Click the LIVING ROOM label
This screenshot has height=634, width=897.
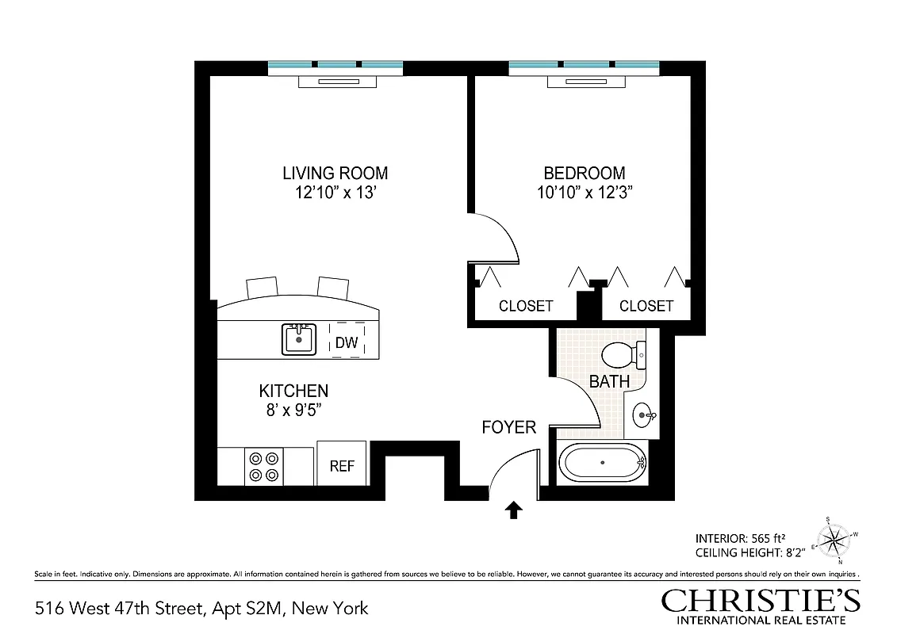[335, 173]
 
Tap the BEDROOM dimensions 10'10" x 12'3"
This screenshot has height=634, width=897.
[584, 193]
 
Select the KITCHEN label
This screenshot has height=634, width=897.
[293, 391]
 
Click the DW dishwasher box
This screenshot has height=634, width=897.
[347, 342]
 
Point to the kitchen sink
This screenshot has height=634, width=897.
[299, 339]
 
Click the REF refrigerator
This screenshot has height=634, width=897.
[342, 465]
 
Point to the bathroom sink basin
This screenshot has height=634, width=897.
[644, 414]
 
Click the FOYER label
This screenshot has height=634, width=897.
[509, 428]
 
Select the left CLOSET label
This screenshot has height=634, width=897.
[526, 306]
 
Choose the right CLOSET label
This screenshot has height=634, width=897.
[646, 306]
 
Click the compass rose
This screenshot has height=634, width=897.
[834, 540]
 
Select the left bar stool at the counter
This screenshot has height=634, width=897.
[263, 286]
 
